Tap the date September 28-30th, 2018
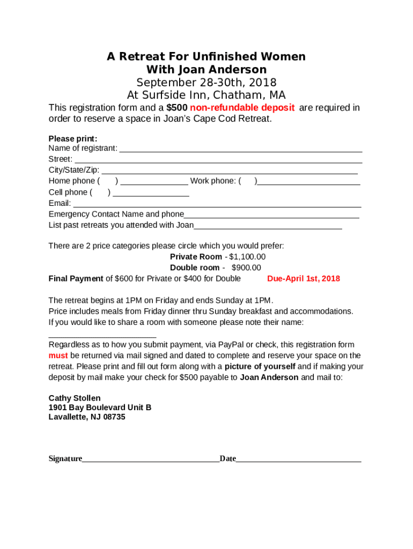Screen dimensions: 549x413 (x=206, y=83)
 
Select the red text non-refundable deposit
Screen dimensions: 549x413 (x=239, y=108)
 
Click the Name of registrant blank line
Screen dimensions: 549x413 (x=240, y=150)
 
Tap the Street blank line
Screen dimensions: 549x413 (x=218, y=161)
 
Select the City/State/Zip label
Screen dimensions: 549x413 (x=73, y=170)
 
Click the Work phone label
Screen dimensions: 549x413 (x=213, y=181)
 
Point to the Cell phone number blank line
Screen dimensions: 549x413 (x=151, y=195)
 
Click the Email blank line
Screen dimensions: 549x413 (x=217, y=205)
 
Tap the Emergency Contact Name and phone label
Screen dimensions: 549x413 (x=116, y=214)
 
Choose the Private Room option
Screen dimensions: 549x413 (x=196, y=257)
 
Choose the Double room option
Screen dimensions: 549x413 (x=195, y=268)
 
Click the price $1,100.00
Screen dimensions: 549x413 (x=247, y=257)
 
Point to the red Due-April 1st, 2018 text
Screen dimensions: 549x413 (x=304, y=279)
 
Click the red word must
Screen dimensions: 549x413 (x=58, y=355)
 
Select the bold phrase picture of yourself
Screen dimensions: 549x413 (x=260, y=367)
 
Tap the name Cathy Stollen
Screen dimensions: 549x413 (x=75, y=398)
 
